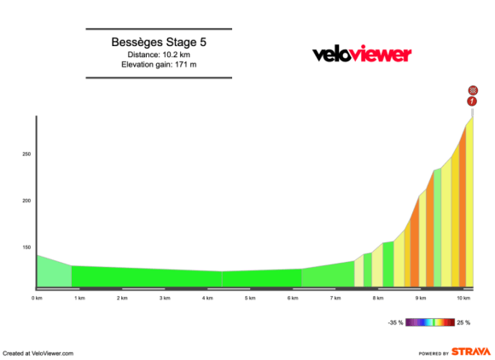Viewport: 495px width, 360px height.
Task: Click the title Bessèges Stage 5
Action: tap(159, 41)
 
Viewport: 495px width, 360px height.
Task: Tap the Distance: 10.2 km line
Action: tap(159, 54)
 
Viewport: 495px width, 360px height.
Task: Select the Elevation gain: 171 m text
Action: tap(159, 65)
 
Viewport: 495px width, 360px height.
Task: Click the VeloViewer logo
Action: tap(362, 55)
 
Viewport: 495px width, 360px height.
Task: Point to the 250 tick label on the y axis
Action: tap(26, 154)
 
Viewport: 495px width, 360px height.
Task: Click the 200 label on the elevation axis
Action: tap(26, 200)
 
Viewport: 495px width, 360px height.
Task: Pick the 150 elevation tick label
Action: tap(26, 247)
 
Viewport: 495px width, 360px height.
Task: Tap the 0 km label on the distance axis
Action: tap(37, 299)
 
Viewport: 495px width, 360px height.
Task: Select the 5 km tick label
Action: tap(250, 299)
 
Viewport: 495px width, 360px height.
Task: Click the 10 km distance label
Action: tap(463, 299)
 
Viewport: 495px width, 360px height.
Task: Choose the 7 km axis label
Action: tap(335, 299)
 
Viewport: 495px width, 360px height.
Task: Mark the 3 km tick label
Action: tap(165, 299)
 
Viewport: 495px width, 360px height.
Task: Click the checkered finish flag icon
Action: tap(473, 90)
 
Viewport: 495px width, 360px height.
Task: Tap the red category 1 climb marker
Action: tap(473, 102)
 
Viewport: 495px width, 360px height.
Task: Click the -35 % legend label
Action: tap(396, 322)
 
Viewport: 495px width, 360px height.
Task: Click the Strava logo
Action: tap(472, 351)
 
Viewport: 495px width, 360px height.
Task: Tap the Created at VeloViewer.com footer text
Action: tap(38, 352)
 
